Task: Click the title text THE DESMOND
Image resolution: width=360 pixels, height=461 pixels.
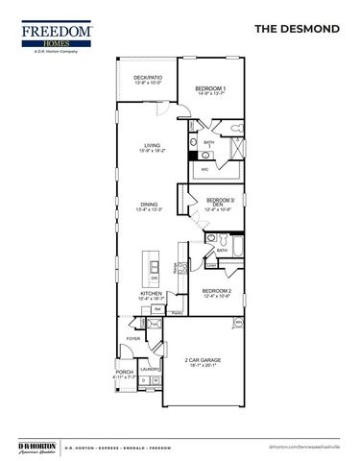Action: (297, 30)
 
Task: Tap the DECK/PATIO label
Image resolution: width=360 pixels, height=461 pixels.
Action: (147, 79)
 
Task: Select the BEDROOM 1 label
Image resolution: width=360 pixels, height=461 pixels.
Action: (211, 89)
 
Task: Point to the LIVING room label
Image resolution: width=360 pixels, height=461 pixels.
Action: (152, 147)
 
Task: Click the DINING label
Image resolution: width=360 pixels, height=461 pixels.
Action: (149, 205)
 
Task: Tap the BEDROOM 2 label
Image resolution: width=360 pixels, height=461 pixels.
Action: (217, 291)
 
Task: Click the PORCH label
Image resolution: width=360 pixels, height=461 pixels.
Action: (124, 371)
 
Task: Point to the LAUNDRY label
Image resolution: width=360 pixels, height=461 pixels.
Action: (149, 368)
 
